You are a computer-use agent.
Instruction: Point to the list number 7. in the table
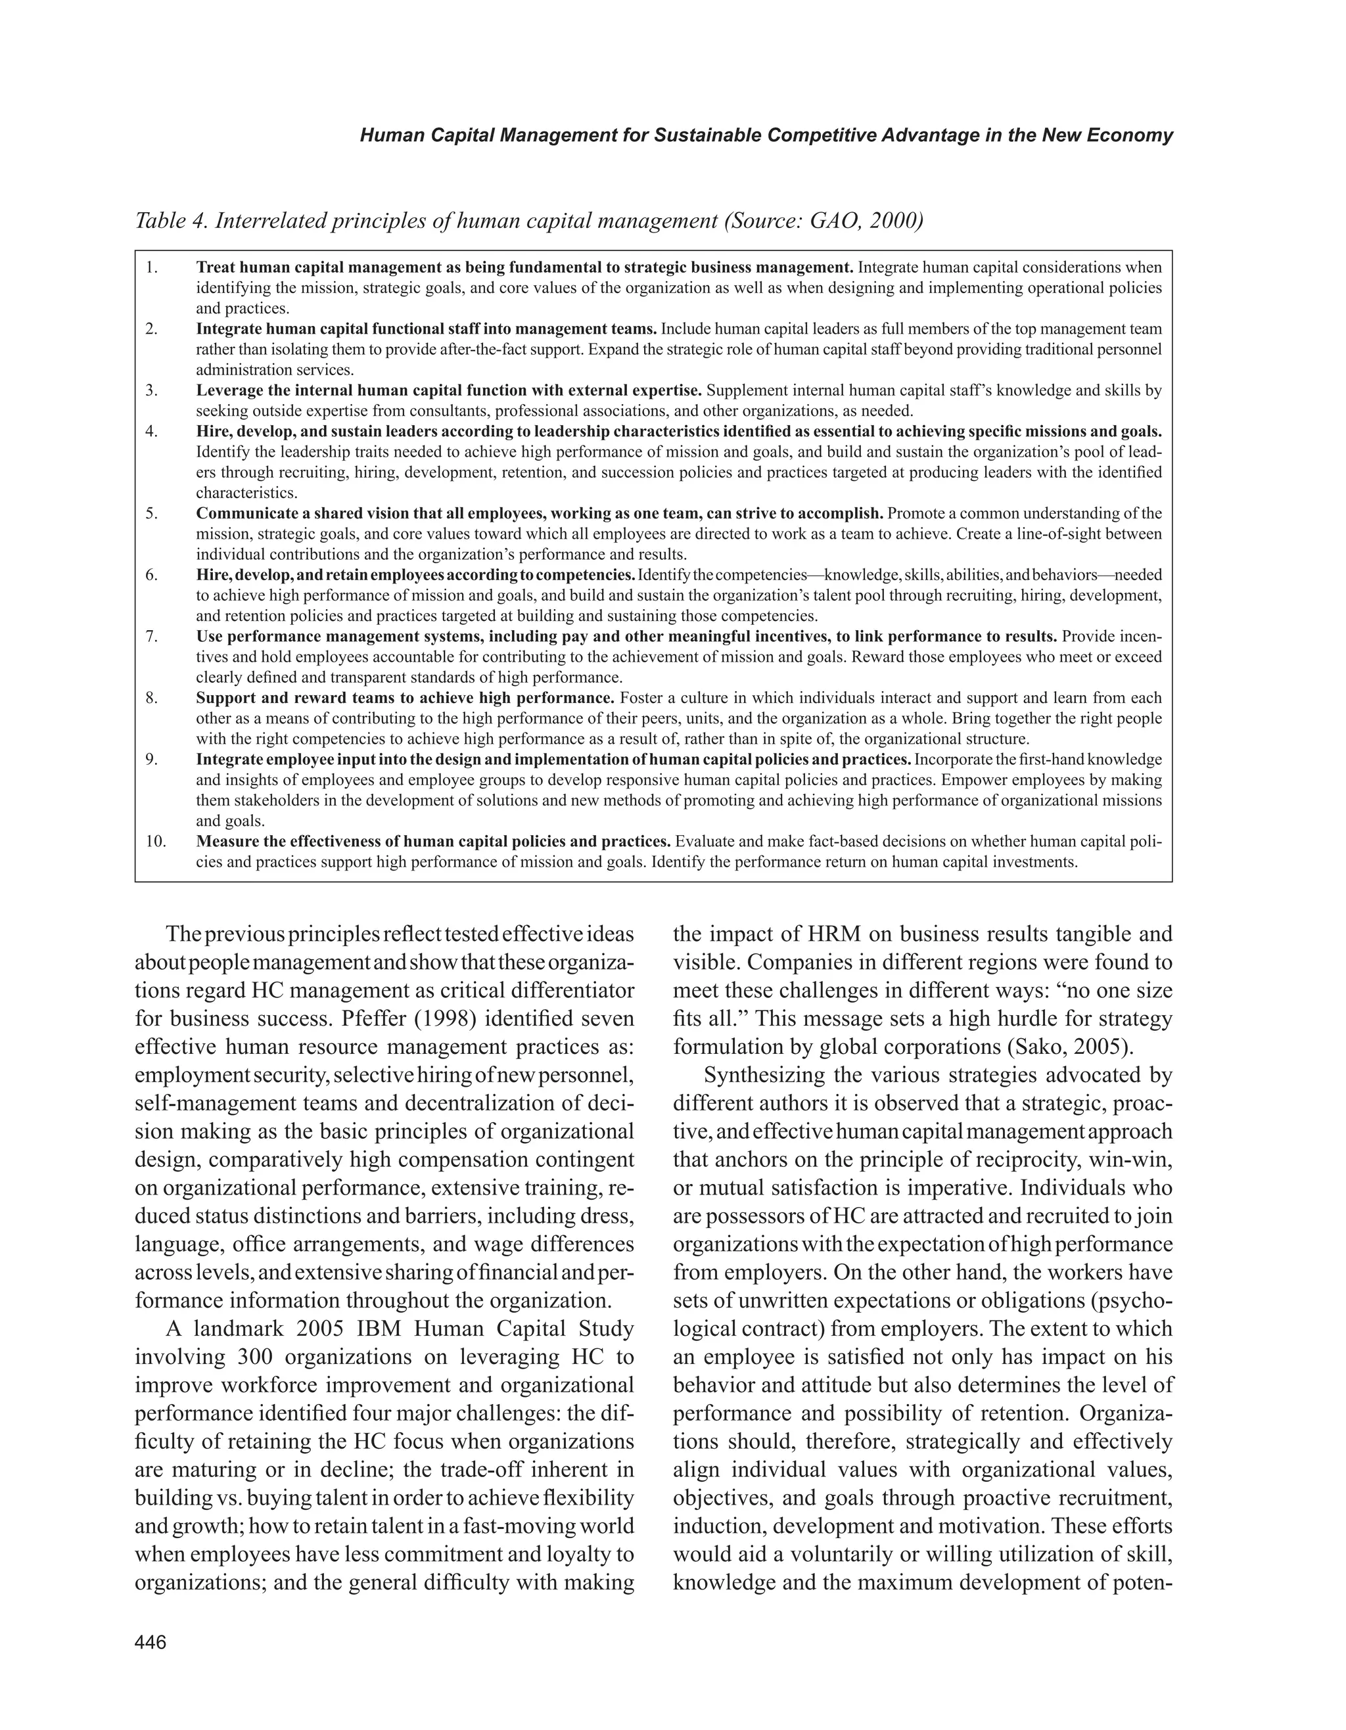tap(152, 636)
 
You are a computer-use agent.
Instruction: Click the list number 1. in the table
tap(152, 267)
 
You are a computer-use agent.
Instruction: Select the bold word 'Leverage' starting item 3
tap(227, 390)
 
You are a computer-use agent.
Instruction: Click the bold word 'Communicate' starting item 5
tap(242, 512)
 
